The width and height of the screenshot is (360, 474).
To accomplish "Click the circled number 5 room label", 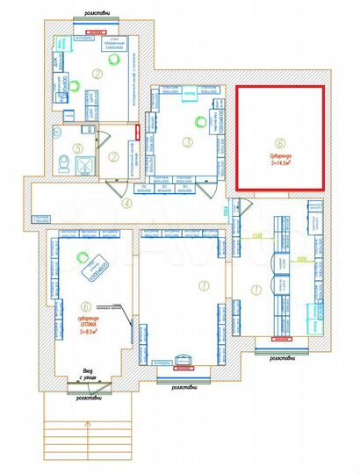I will pos(77,147).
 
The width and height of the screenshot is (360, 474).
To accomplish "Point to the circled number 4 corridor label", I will pos(127,203).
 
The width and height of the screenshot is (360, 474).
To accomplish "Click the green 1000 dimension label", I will pos(301,260).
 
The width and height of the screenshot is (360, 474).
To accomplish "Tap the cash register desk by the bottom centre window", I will pos(184,361).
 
